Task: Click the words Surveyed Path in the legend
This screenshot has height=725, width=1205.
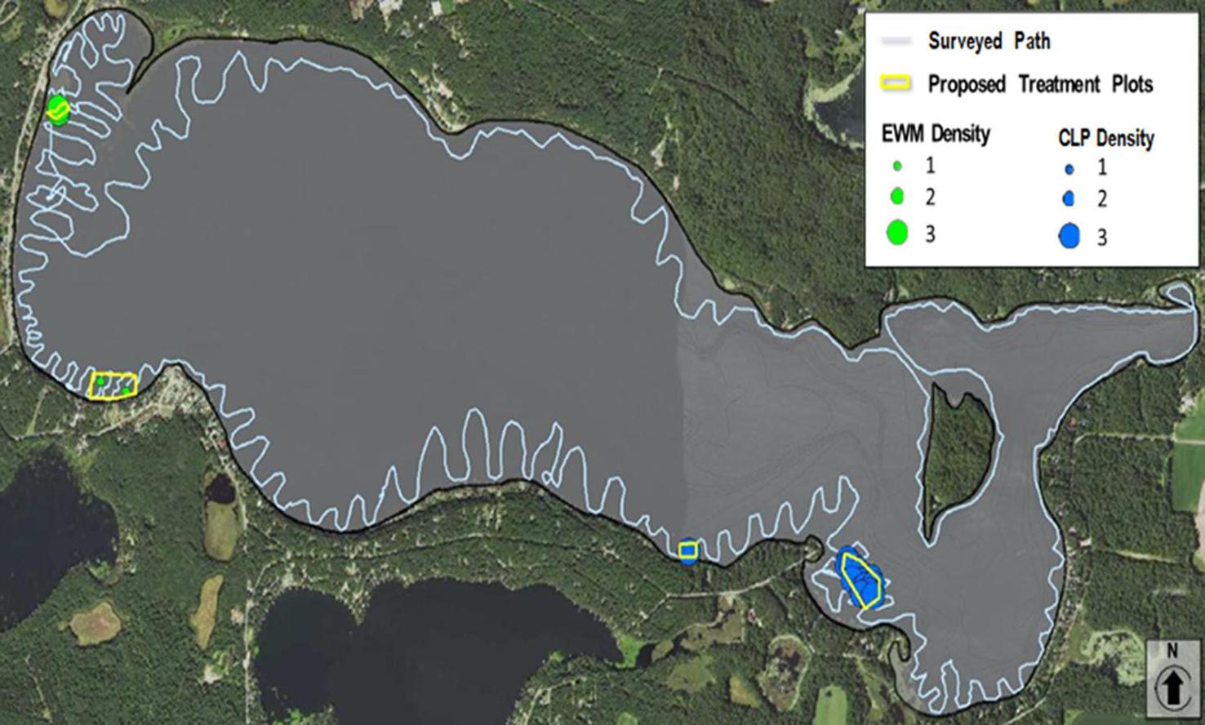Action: pyautogui.click(x=989, y=41)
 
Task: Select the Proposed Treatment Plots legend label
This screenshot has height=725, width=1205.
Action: pyautogui.click(x=1040, y=84)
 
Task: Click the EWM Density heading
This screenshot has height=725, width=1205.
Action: pyautogui.click(x=936, y=133)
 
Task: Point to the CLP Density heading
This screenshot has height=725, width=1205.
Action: pyautogui.click(x=1105, y=138)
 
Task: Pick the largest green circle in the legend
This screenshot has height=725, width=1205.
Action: pyautogui.click(x=897, y=234)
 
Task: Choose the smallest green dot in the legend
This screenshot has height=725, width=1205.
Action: pyautogui.click(x=897, y=167)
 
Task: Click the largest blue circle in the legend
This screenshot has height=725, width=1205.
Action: pyautogui.click(x=1069, y=237)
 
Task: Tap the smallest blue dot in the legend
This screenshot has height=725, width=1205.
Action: pyautogui.click(x=1069, y=170)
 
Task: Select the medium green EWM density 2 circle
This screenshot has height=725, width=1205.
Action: pyautogui.click(x=897, y=197)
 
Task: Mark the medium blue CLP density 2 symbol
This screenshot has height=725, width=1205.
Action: pyautogui.click(x=1069, y=199)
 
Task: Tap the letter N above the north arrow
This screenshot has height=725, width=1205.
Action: pyautogui.click(x=1172, y=652)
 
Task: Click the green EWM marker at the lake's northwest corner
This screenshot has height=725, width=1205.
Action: pyautogui.click(x=57, y=108)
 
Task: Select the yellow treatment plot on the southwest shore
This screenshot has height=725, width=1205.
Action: pyautogui.click(x=112, y=384)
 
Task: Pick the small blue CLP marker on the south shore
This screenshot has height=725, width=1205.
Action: pyautogui.click(x=688, y=551)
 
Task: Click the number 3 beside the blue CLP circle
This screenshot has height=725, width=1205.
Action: pyautogui.click(x=1101, y=238)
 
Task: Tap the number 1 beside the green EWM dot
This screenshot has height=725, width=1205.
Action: pyautogui.click(x=930, y=166)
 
